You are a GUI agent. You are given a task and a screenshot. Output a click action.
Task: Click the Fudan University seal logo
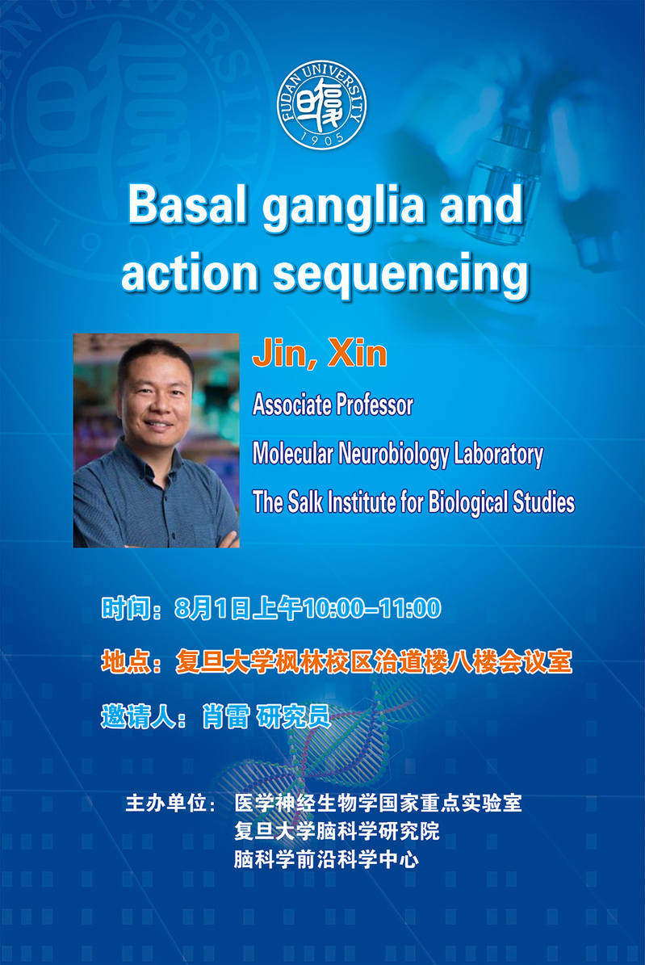322,105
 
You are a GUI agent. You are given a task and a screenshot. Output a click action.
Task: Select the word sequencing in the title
400,277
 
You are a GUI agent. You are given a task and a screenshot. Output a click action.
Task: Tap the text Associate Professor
333,405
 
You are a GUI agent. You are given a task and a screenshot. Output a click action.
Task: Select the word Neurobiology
393,455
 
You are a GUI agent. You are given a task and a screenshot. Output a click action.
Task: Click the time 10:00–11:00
371,609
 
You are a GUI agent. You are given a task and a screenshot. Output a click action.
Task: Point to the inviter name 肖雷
226,717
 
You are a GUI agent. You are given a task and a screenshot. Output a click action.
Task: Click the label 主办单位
165,803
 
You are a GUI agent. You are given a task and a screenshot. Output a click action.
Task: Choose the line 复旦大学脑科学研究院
337,832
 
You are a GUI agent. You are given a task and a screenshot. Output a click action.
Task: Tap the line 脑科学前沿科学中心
326,859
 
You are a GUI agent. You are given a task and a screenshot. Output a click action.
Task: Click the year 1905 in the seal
322,139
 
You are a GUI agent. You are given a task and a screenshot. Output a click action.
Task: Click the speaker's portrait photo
157,441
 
